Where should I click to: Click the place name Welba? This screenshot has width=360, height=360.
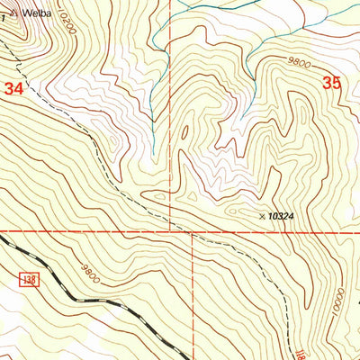point(39,13)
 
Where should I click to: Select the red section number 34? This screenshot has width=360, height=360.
point(13,89)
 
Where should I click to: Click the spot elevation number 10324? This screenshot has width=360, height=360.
point(284,216)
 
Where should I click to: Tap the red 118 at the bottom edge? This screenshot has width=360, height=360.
point(300,353)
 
